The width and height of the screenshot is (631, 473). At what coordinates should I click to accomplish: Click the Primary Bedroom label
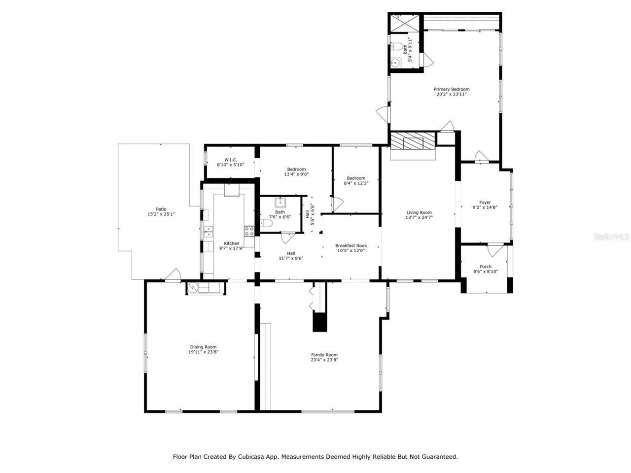pyautogui.click(x=451, y=89)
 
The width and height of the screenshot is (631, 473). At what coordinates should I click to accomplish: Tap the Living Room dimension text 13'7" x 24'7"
pyautogui.click(x=419, y=217)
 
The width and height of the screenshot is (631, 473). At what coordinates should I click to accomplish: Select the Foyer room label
pyautogui.click(x=485, y=203)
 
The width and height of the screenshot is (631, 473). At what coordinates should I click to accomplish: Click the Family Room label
pyautogui.click(x=324, y=355)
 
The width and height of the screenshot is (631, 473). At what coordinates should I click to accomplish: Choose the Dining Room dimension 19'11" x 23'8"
pyautogui.click(x=203, y=352)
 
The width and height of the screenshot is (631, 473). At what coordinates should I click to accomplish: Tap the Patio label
pyautogui.click(x=161, y=209)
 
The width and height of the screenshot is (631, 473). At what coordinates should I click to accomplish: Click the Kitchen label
pyautogui.click(x=231, y=243)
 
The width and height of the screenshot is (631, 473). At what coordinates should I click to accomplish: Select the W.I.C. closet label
pyautogui.click(x=230, y=160)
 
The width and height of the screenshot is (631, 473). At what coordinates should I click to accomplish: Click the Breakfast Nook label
pyautogui.click(x=351, y=245)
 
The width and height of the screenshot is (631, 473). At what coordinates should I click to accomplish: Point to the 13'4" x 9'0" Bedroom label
pyautogui.click(x=296, y=169)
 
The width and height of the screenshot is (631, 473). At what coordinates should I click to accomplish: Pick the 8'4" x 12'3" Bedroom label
pyautogui.click(x=355, y=178)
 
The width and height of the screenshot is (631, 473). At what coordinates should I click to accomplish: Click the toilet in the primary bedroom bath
pyautogui.click(x=397, y=48)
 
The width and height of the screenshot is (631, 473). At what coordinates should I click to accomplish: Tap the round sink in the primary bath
pyautogui.click(x=394, y=63)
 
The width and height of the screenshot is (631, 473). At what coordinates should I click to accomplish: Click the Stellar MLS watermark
pyautogui.click(x=611, y=237)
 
